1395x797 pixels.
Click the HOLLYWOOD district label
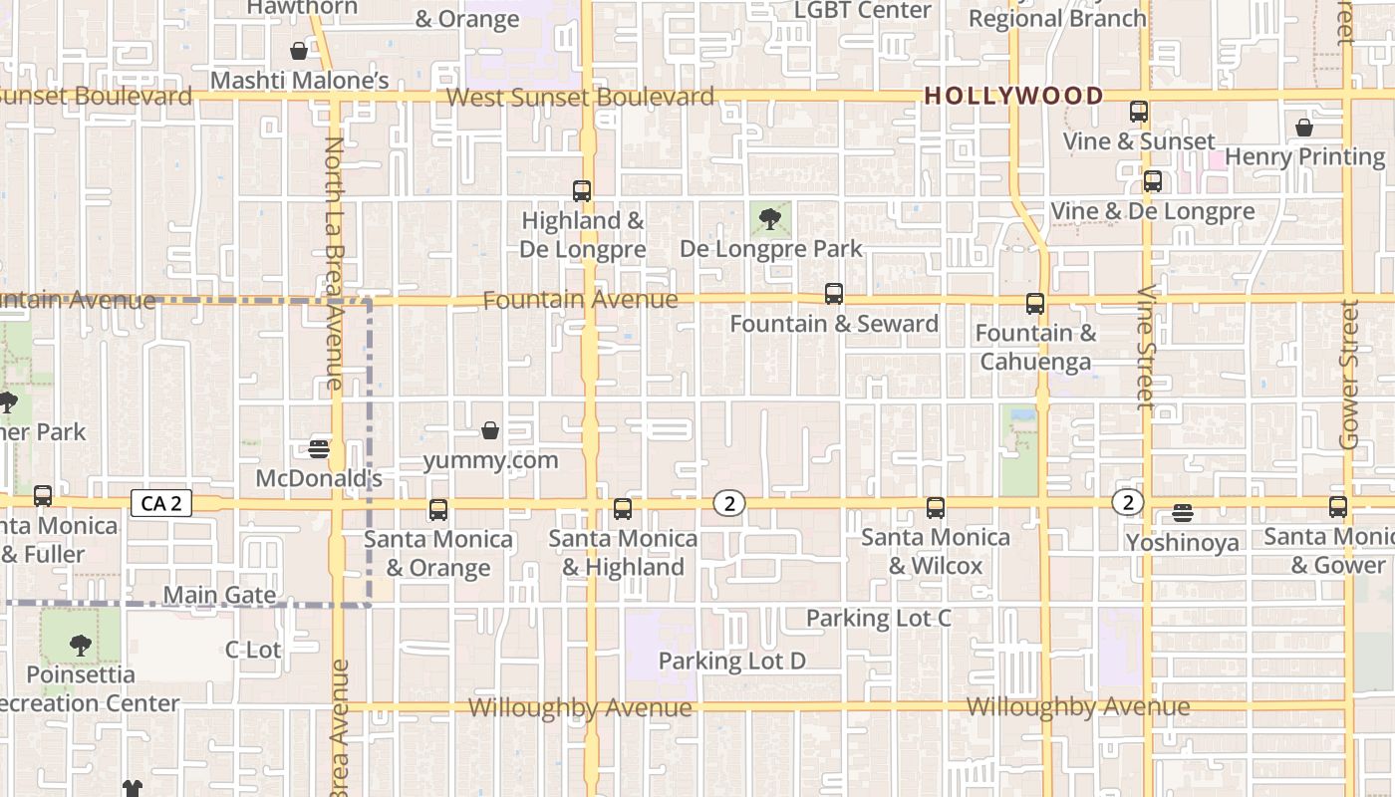coord(1013,97)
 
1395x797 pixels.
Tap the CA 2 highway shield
coord(161,503)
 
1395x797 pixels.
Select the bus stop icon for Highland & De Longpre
coord(582,190)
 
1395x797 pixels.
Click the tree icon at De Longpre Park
coord(768,219)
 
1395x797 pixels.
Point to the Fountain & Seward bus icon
coord(834,294)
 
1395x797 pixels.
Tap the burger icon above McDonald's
coord(319,448)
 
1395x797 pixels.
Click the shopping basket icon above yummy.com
coord(490,430)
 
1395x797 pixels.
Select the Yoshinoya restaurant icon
coord(1183,513)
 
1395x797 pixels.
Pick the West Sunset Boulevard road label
coord(580,98)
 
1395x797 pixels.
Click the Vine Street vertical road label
coord(1145,348)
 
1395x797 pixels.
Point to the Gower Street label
coord(1349,375)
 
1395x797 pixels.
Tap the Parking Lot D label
coord(731,661)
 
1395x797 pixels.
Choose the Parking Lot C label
coord(878,618)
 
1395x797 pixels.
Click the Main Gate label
coord(219,595)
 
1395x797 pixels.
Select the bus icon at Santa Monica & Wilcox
coord(936,508)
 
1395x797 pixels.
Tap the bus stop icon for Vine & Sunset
coord(1139,112)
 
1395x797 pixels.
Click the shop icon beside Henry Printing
coord(1304,128)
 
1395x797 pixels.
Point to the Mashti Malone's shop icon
coord(299,51)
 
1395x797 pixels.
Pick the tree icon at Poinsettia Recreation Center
coord(81,646)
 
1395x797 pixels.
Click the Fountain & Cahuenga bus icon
coord(1035,304)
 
